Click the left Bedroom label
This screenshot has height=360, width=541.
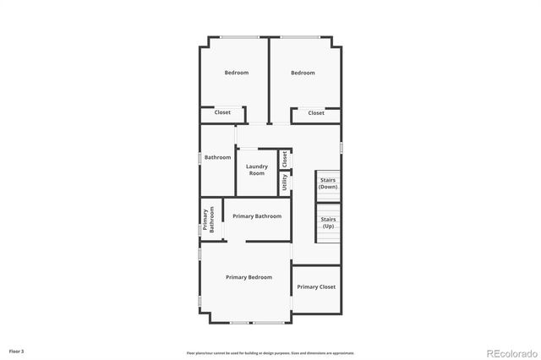pos(236,73)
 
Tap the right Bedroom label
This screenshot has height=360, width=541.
pos(303,73)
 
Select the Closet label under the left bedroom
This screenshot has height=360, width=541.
pos(222,112)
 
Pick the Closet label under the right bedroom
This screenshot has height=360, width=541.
pos(316,112)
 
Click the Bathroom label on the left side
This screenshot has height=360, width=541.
pos(217,157)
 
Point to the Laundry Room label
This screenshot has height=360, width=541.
pos(256,170)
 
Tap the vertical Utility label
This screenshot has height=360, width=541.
pos(285,182)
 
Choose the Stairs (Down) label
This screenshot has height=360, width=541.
pos(328,183)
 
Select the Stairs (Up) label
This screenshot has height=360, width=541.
pos(328,222)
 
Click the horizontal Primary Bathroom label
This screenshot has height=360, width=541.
pos(257,216)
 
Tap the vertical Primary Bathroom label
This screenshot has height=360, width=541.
pos(208,220)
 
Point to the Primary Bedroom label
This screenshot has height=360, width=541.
pos(249,277)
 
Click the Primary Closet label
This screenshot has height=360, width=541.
pos(316,286)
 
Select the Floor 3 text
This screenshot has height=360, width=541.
pos(17,350)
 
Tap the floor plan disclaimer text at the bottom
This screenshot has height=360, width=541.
pos(270,352)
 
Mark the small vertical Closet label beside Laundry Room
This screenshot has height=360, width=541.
pos(285,158)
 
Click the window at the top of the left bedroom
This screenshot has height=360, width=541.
pos(235,36)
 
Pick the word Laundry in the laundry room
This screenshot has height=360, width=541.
pos(256,166)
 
